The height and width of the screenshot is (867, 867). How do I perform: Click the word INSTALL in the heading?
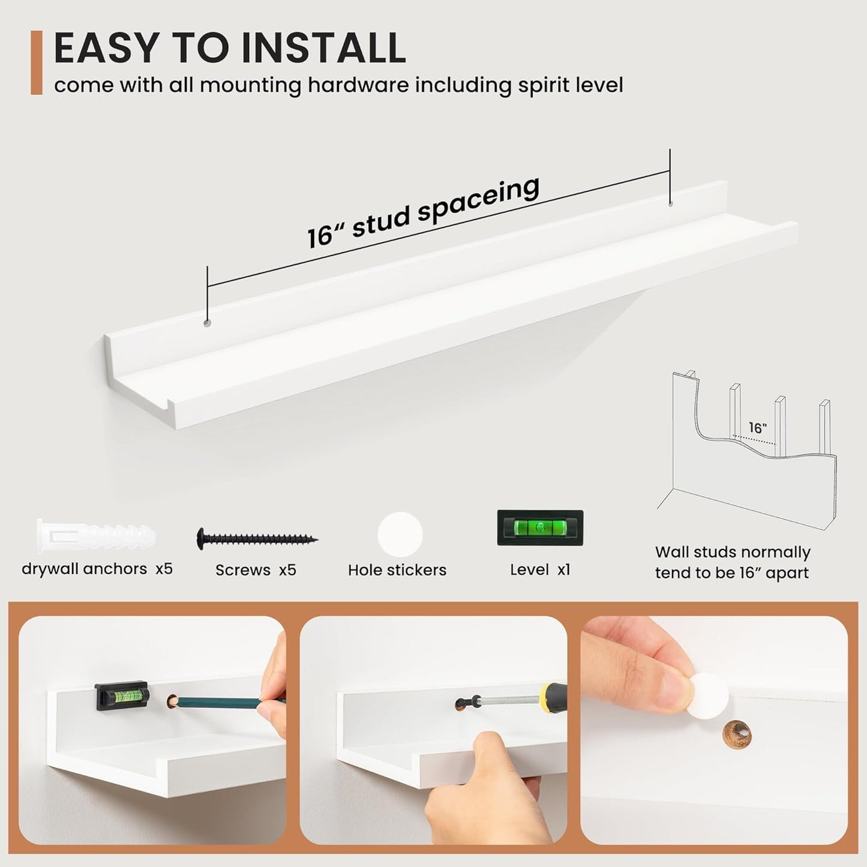point(323,47)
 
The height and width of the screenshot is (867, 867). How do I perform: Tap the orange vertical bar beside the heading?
point(37,62)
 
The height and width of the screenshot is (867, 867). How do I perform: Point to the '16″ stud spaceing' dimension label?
point(423,211)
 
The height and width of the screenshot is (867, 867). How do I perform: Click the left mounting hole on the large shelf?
point(207,323)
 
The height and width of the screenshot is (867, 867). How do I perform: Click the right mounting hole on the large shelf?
point(670,205)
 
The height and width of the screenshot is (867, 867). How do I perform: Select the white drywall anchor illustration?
point(96,536)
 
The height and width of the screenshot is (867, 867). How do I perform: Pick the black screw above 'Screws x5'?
point(257,538)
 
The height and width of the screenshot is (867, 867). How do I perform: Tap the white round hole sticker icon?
point(400,535)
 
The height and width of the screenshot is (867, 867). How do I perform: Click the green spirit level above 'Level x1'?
point(540,528)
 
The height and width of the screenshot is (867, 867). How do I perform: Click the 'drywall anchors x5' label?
point(97,569)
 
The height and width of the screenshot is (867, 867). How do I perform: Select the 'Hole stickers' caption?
point(397,570)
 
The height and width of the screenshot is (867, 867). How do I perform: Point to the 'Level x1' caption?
point(540,569)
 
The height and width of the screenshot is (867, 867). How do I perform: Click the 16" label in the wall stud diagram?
point(758,428)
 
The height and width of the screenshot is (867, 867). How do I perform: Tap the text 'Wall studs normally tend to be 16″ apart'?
point(733,562)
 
